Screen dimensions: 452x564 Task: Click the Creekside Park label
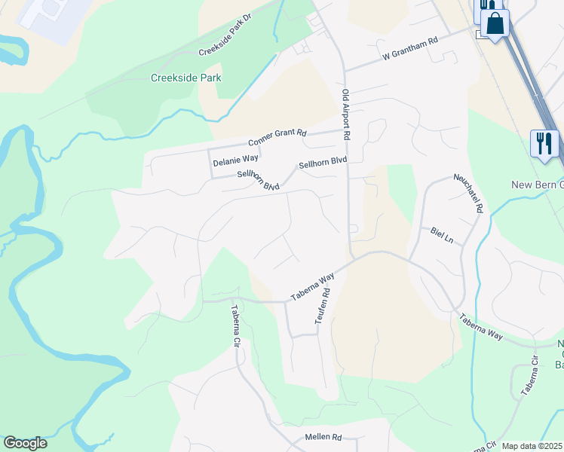185,78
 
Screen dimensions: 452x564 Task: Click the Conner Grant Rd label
277,138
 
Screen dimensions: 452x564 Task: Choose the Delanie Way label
235,160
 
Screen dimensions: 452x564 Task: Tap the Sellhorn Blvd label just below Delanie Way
258,180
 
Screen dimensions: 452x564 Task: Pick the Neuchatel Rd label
467,192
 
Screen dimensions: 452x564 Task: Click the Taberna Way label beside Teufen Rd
313,288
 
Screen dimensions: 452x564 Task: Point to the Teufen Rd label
323,310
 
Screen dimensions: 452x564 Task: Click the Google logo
25,443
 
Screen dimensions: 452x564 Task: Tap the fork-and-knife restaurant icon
544,142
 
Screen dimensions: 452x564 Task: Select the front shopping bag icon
495,23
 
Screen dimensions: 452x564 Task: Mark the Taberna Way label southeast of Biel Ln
480,326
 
